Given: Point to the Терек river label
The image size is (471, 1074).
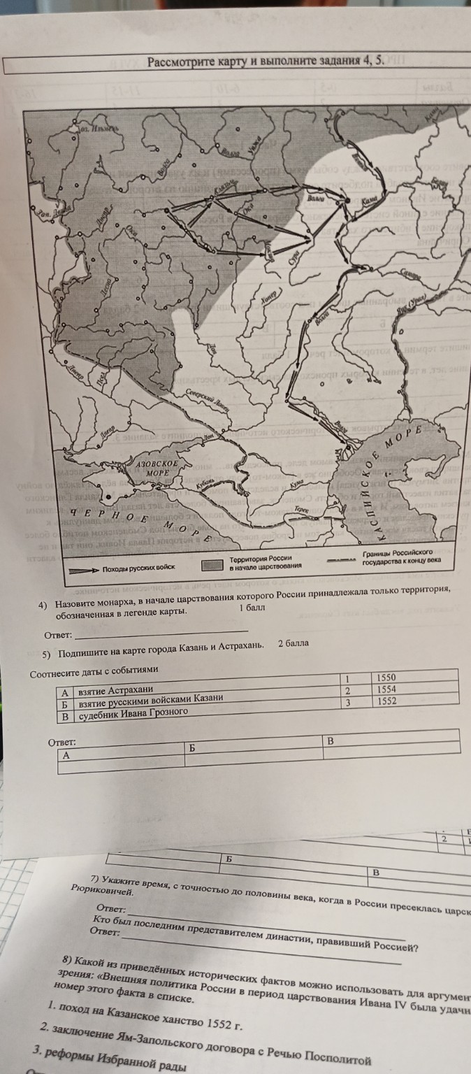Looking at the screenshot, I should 301,511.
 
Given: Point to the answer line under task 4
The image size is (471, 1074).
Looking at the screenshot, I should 161,636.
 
